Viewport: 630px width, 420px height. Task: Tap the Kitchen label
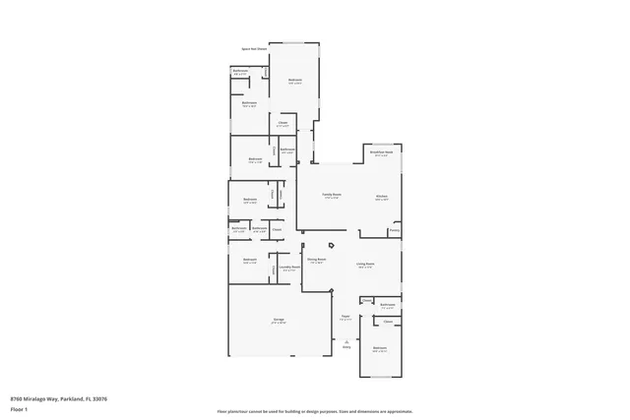tap(381, 197)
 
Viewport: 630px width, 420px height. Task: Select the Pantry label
tap(394, 232)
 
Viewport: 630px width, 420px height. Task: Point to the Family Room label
tap(331, 196)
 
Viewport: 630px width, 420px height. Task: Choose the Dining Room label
tap(317, 262)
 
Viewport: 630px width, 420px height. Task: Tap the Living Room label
tap(365, 264)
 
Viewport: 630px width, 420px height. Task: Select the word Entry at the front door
tap(346, 347)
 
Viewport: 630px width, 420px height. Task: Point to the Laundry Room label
tap(288, 267)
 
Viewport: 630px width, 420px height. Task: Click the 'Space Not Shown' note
tap(253, 47)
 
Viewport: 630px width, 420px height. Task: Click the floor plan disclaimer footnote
tap(314, 412)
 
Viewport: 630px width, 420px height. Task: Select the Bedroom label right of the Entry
tap(380, 348)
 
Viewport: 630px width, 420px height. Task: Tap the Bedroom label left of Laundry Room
tap(249, 262)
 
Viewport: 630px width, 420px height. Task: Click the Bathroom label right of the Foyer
tap(388, 305)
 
